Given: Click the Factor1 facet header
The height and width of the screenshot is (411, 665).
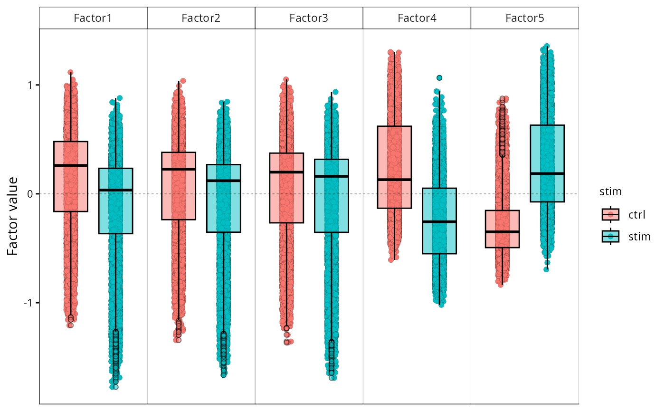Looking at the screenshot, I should [93, 19].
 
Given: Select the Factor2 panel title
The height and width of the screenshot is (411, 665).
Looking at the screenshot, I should [201, 19].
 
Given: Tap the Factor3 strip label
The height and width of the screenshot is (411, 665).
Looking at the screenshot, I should [309, 19].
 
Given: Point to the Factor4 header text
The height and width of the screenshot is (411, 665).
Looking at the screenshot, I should [417, 19].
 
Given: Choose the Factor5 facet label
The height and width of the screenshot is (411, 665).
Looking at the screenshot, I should [524, 19].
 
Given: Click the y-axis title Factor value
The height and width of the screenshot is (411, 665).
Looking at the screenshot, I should [13, 216].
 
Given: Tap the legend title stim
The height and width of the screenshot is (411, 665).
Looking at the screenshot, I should [608, 192].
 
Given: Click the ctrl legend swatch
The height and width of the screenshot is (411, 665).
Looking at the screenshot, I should [610, 215].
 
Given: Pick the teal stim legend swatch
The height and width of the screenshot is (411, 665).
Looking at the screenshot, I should [610, 236].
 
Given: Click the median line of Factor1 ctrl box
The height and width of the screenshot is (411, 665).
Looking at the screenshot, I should [70, 165].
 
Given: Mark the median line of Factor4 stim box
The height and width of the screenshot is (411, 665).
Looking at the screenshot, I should [439, 222].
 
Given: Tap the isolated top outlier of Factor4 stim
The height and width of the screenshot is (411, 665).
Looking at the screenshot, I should [439, 78].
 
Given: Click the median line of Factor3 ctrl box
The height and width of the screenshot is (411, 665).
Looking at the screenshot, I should [286, 172].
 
